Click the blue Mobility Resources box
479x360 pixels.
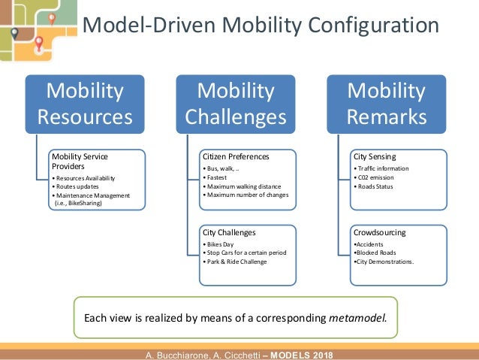85,104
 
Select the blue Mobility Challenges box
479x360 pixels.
235,104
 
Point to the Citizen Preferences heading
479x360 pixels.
236,156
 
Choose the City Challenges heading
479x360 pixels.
229,232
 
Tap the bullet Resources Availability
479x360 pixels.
86,177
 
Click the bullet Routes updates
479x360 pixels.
77,186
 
